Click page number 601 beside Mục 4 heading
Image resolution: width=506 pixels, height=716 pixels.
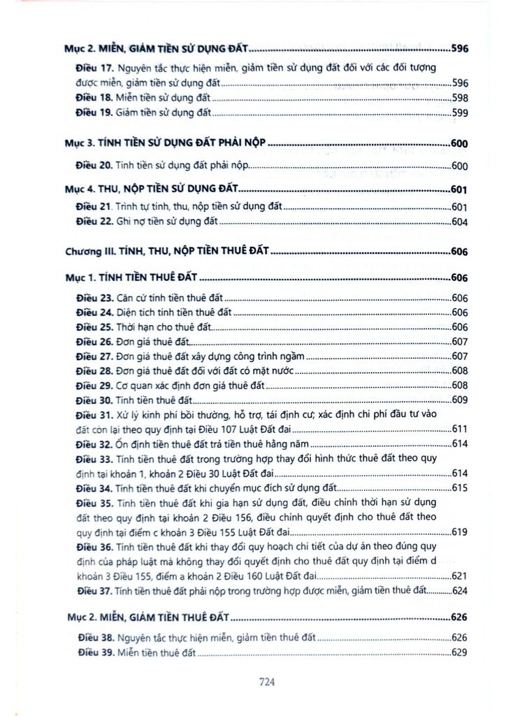point(459,189)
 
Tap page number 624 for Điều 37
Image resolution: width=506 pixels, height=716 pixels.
point(459,591)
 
